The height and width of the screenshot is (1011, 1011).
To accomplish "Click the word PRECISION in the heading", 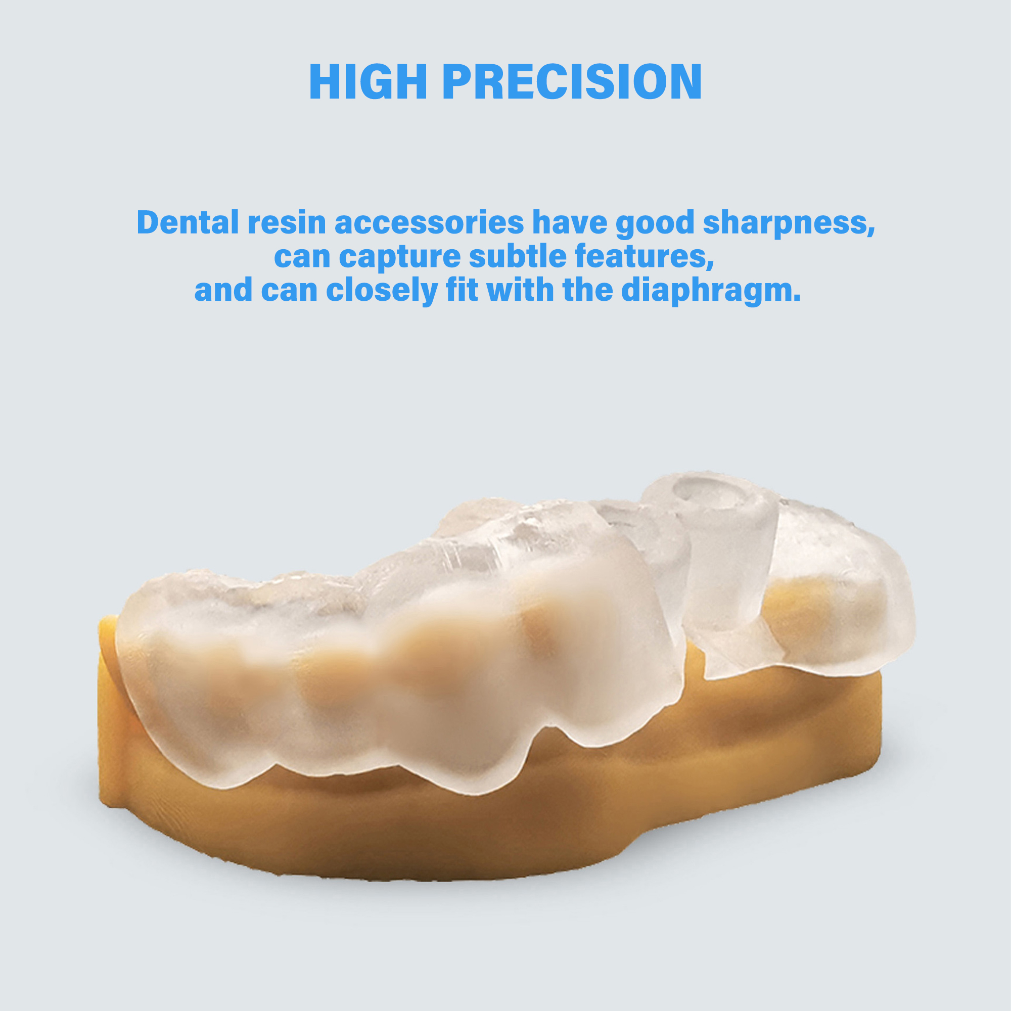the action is [572, 82].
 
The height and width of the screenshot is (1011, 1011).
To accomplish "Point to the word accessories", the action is [429, 223].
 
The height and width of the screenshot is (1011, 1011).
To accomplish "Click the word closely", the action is [382, 291].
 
